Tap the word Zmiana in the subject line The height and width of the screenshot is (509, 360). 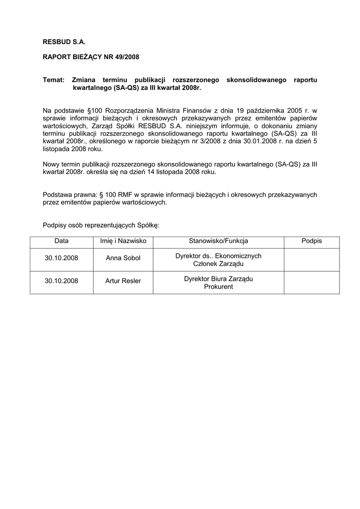click(x=84, y=80)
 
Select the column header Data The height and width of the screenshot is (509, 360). click(x=62, y=241)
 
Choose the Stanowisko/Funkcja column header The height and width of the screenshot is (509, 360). click(x=218, y=241)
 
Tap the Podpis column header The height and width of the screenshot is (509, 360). click(x=312, y=241)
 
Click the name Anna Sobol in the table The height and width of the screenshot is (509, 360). click(x=123, y=258)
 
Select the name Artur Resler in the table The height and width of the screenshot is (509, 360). click(x=123, y=281)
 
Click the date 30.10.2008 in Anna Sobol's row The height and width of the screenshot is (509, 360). click(x=62, y=258)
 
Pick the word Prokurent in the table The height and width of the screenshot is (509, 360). click(x=218, y=287)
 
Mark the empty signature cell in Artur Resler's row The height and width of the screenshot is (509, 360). click(x=312, y=282)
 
